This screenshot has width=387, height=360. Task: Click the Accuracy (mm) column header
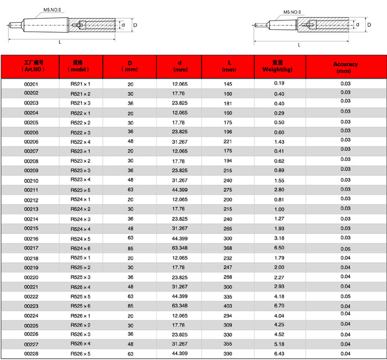(x=345, y=67)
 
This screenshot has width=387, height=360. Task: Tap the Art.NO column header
(x=31, y=67)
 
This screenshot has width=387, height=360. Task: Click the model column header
(x=80, y=67)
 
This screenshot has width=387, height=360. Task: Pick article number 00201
(x=31, y=84)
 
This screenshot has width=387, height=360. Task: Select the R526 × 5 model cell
(x=80, y=353)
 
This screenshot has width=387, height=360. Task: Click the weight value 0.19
(x=279, y=83)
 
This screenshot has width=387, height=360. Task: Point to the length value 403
(x=228, y=306)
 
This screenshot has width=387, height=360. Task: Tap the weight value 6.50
(x=279, y=248)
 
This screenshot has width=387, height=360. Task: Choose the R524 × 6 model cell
(x=80, y=248)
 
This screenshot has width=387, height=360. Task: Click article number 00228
(x=31, y=354)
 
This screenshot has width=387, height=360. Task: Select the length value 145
(x=228, y=84)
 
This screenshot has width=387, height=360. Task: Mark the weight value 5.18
(x=279, y=344)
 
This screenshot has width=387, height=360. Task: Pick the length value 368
(x=228, y=248)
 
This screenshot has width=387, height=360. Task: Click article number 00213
(x=31, y=209)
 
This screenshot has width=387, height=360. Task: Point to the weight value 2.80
(x=279, y=190)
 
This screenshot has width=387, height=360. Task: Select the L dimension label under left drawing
(x=60, y=42)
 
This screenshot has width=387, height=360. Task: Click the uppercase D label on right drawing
(x=369, y=25)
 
